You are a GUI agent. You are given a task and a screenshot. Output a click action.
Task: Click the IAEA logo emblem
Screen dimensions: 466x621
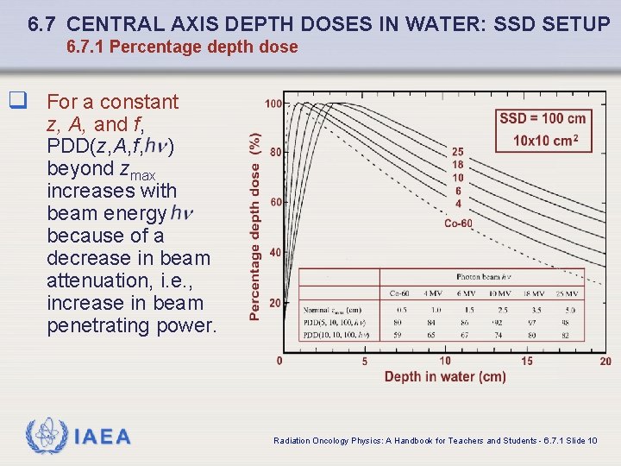point(44,437)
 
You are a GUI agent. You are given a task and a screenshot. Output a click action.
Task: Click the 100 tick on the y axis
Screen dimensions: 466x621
point(273,104)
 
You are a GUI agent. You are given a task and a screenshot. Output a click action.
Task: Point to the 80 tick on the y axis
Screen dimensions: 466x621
point(274,153)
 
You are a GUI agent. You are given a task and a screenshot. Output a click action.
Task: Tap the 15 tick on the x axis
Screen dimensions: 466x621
point(527,361)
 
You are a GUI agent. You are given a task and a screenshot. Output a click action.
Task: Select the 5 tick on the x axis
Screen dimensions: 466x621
point(365,361)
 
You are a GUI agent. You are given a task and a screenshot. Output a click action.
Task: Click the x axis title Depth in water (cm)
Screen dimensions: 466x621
point(444,376)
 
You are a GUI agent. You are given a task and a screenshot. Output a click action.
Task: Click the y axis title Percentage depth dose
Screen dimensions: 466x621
point(255,226)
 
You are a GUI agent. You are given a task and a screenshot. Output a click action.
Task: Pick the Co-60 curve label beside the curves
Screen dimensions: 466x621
point(458,224)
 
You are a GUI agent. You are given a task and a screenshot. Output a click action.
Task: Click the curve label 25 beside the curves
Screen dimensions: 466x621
point(458,153)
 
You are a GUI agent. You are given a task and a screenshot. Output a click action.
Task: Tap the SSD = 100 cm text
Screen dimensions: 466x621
point(543,118)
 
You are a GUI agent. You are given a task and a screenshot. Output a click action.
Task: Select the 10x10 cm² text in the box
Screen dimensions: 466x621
point(545,141)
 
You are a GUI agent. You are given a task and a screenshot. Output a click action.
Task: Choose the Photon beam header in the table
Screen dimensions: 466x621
point(484,277)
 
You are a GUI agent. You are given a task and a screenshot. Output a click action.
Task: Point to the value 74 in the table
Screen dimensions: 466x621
point(499,334)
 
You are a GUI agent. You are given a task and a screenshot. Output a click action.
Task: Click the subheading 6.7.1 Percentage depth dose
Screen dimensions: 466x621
point(182,47)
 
